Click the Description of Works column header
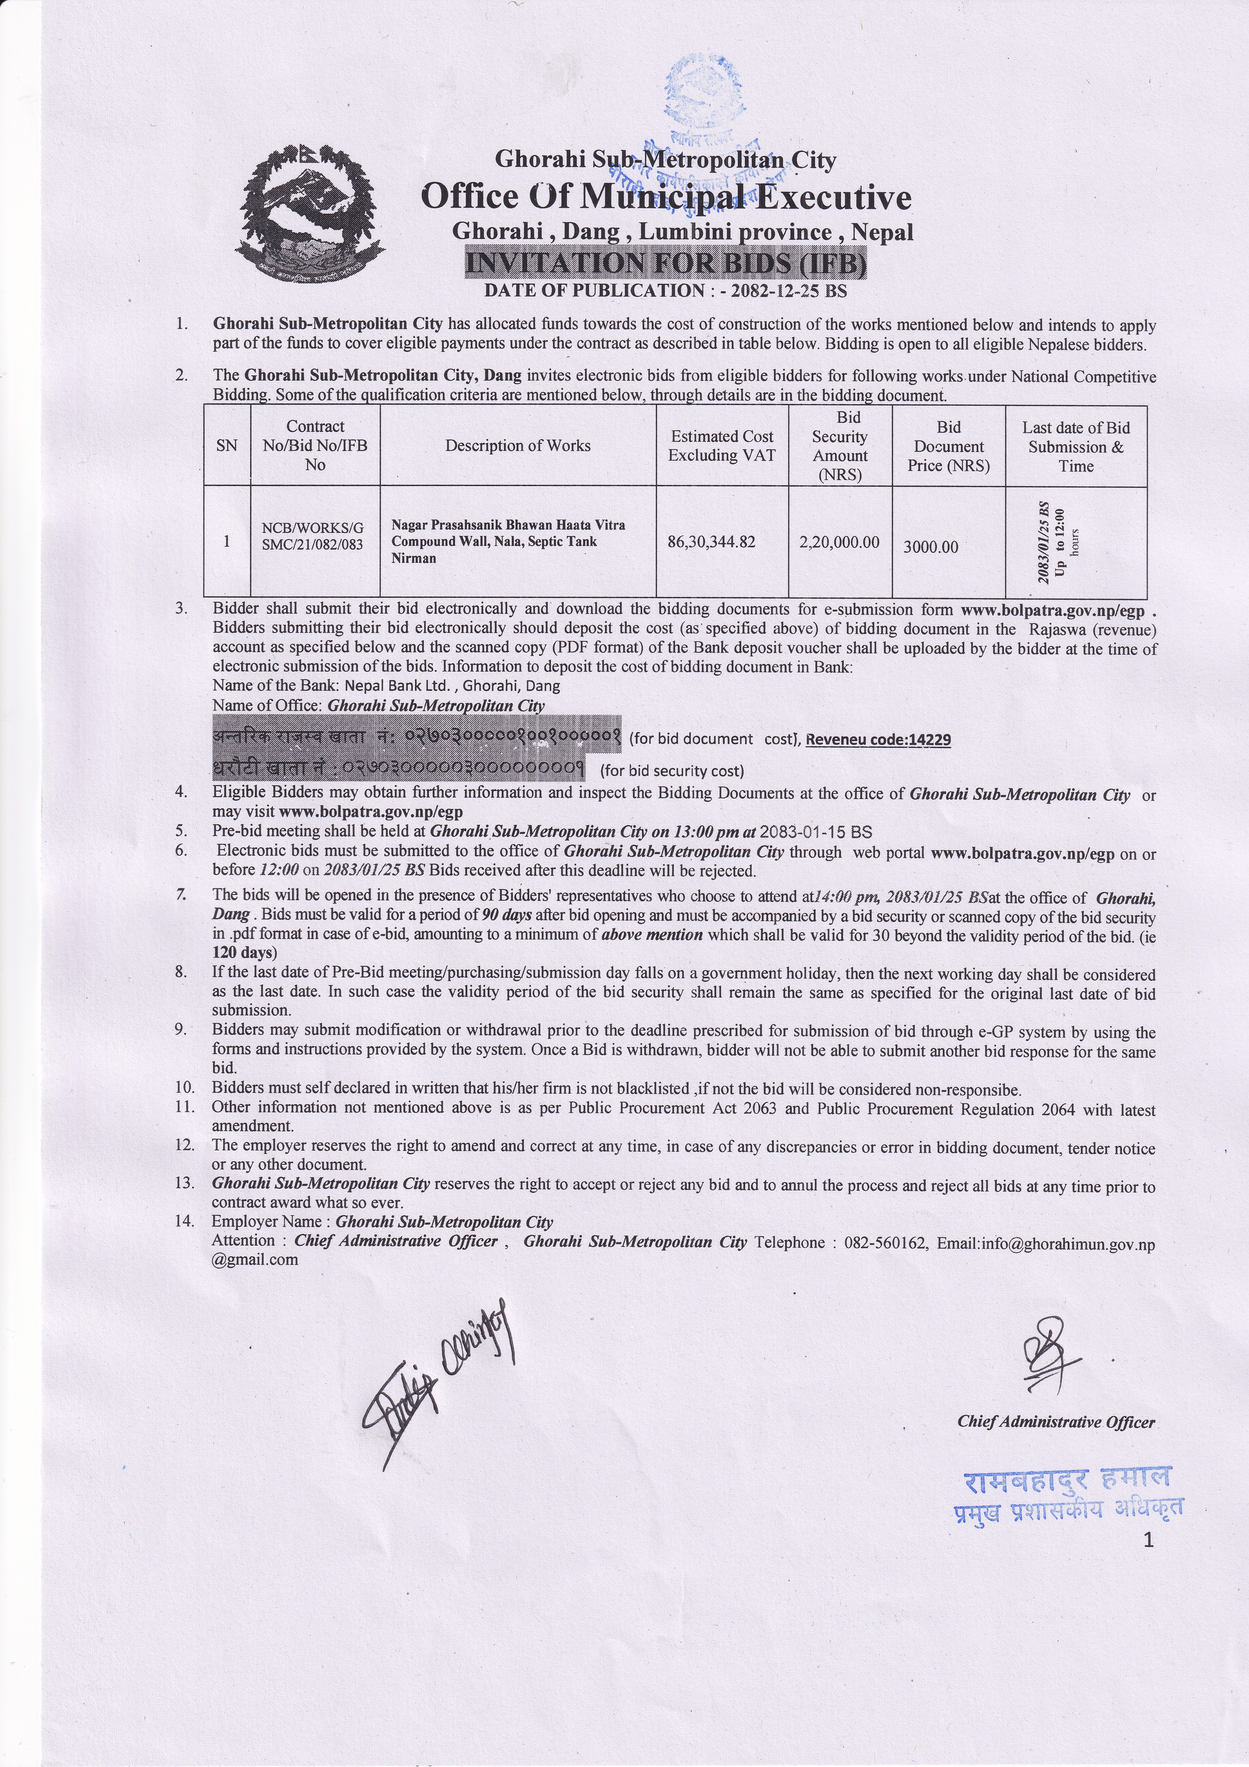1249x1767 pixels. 518,446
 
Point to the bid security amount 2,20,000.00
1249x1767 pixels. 839,542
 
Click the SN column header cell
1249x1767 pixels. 227,446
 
